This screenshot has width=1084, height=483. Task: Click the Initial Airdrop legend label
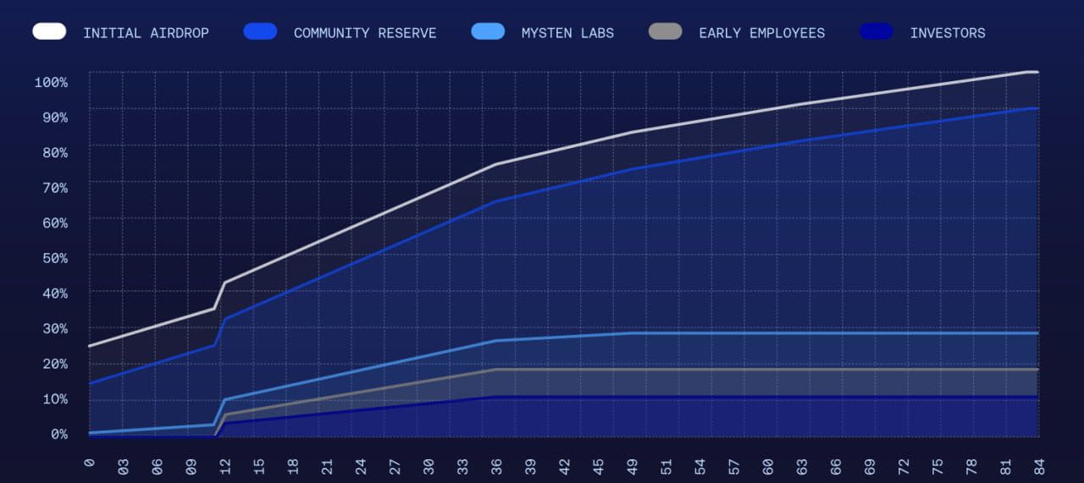[x=146, y=33]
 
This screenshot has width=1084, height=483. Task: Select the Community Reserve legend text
[x=365, y=33]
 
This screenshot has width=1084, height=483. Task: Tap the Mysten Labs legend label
[x=567, y=33]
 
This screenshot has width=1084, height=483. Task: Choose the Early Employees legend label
[x=761, y=33]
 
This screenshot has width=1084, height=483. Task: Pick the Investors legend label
[x=948, y=33]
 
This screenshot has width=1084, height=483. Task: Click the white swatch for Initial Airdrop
[x=50, y=31]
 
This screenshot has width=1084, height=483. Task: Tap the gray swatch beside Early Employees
[x=666, y=31]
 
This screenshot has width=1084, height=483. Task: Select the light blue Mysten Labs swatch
[x=488, y=31]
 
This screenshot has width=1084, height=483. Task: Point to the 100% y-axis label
[x=51, y=81]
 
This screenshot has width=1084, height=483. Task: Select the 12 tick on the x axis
[x=225, y=465]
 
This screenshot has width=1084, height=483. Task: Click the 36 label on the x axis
[x=496, y=465]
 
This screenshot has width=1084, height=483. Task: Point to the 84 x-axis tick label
[x=1038, y=465]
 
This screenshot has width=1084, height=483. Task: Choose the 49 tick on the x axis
[x=632, y=465]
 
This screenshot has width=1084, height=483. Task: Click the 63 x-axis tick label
[x=801, y=465]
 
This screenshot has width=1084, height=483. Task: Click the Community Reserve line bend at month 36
[x=496, y=201]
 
